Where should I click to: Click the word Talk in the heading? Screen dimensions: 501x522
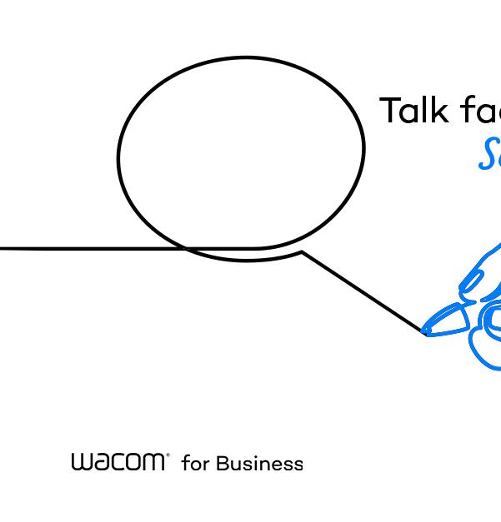click(415, 111)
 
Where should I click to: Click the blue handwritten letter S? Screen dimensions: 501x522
click(489, 154)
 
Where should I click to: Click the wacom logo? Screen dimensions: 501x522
click(118, 462)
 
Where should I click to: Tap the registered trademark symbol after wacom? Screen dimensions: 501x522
click(168, 455)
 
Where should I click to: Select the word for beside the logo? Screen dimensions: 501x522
click(194, 463)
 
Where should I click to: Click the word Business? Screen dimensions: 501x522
click(259, 463)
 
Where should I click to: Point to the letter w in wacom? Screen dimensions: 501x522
click(81, 462)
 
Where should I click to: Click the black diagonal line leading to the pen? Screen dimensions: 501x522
click(363, 291)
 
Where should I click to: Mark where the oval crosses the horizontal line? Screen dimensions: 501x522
click(185, 248)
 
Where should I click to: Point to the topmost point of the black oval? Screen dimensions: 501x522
click(246, 57)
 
